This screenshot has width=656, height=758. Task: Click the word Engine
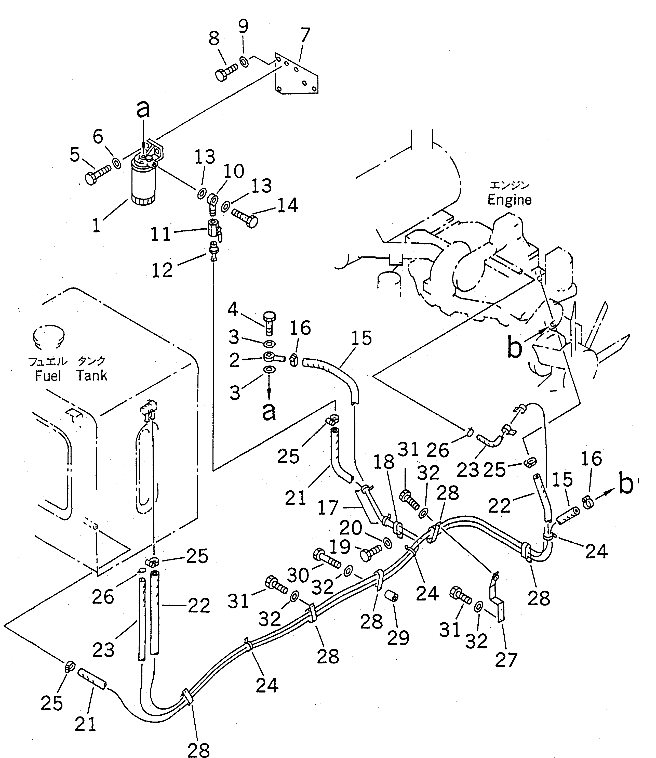click(x=509, y=200)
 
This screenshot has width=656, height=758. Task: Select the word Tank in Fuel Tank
click(x=92, y=375)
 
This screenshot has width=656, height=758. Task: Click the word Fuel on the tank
click(x=48, y=376)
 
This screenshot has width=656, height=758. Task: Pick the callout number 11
click(x=160, y=234)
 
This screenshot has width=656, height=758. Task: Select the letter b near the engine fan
click(x=515, y=348)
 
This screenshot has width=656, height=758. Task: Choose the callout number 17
click(x=328, y=508)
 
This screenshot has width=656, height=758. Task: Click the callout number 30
click(x=298, y=575)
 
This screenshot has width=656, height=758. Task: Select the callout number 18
click(x=384, y=463)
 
